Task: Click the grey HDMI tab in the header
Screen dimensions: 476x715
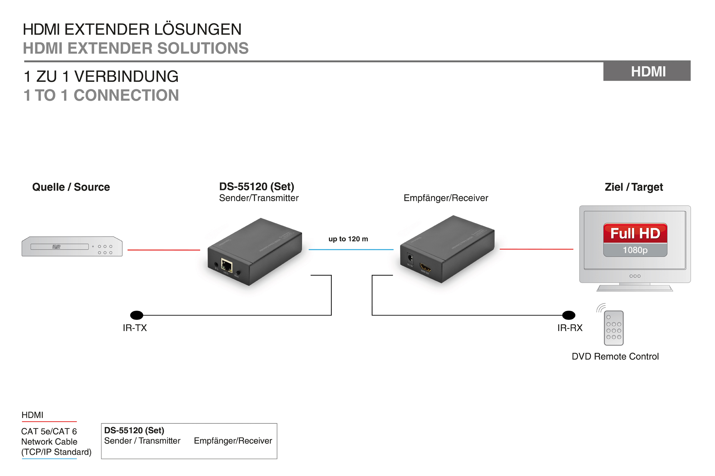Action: click(647, 71)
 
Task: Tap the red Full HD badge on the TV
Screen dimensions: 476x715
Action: click(635, 233)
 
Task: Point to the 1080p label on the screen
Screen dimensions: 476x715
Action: click(635, 250)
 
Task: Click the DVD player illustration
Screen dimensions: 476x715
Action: click(72, 246)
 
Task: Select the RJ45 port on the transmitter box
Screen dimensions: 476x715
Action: click(227, 266)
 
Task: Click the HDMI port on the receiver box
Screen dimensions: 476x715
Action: click(425, 267)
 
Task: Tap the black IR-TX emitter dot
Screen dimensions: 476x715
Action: click(137, 315)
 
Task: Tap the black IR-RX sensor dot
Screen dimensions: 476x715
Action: click(568, 315)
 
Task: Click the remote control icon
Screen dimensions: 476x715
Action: click(613, 328)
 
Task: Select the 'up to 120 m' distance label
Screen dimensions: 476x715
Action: click(348, 239)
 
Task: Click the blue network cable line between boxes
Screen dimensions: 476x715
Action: click(351, 249)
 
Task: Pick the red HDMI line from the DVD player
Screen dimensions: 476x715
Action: click(164, 250)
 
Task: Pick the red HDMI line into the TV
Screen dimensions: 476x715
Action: click(536, 249)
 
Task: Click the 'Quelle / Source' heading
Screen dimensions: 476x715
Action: click(71, 187)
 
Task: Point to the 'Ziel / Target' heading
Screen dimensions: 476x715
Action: click(633, 187)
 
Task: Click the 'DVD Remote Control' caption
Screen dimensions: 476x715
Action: click(615, 356)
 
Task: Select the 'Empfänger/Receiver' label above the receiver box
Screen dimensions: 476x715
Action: click(446, 198)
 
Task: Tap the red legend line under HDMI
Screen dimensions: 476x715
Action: click(49, 422)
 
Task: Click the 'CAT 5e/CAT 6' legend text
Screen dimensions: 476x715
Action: click(49, 431)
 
